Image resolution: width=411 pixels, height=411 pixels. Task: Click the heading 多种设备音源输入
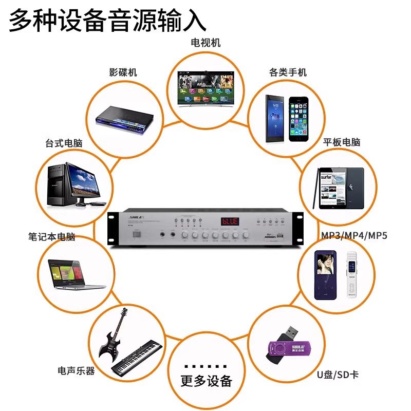(108, 22)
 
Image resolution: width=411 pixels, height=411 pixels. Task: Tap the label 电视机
(206, 43)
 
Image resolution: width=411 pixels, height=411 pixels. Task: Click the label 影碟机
(123, 72)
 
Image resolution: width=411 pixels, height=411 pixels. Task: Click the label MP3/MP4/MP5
(354, 236)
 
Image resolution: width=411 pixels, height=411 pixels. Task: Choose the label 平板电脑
(342, 142)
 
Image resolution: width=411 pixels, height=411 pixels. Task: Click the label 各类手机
(288, 72)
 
